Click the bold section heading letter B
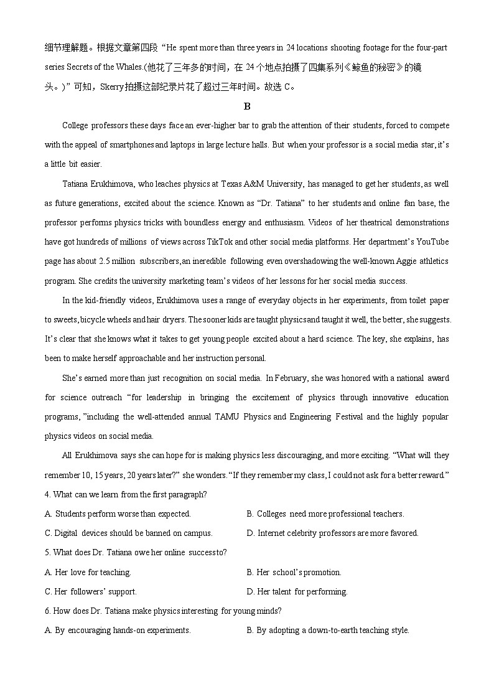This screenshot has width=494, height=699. click(x=247, y=106)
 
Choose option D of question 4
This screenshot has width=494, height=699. click(x=333, y=533)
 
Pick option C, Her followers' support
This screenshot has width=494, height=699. click(x=91, y=592)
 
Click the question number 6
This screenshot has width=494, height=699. click(x=47, y=611)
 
